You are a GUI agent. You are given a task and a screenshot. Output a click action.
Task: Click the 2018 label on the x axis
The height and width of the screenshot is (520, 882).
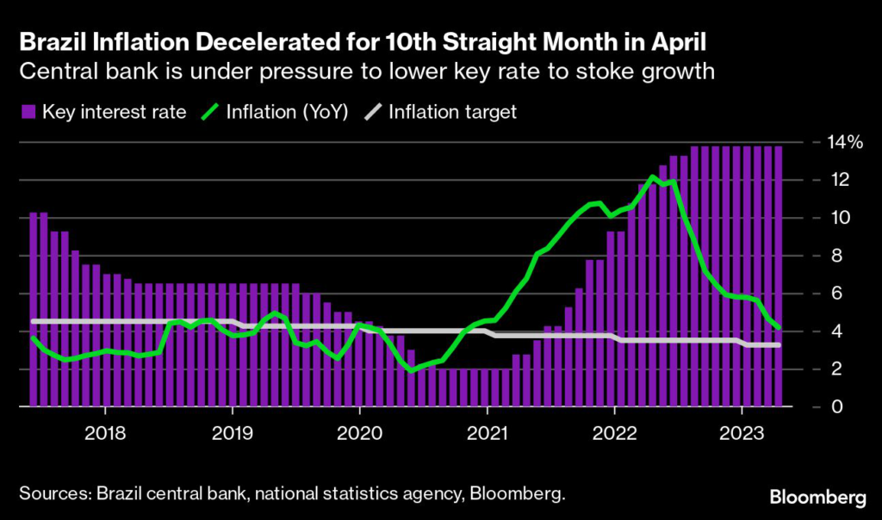(x=105, y=432)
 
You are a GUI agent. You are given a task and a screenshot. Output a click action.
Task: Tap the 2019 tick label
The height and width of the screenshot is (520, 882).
(x=233, y=432)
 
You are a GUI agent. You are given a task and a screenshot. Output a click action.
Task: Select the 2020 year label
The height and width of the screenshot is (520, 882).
(x=359, y=432)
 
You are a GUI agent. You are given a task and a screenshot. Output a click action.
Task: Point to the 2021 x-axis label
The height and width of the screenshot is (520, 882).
(x=487, y=432)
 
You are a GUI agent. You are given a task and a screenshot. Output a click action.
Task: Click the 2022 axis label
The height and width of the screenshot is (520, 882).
(x=614, y=432)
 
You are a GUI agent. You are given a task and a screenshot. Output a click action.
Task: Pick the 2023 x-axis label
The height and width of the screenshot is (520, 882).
(x=741, y=432)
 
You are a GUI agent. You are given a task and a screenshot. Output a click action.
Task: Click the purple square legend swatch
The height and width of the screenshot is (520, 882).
(x=27, y=112)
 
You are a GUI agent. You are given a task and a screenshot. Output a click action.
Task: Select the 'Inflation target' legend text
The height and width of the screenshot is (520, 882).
(x=452, y=112)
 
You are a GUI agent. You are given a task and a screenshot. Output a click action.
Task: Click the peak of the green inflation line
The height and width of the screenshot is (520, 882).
(x=654, y=176)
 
